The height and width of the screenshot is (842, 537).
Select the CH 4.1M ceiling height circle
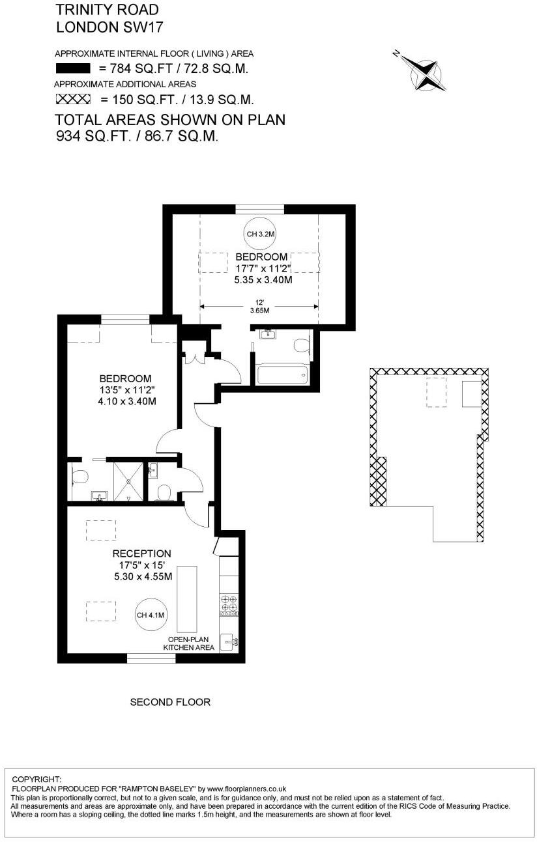(151, 615)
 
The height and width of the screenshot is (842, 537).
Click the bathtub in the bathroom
(282, 374)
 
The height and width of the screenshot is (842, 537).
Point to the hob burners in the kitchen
(229, 604)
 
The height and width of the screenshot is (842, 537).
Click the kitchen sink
(229, 641)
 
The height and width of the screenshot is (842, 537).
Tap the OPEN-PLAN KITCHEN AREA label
(189, 643)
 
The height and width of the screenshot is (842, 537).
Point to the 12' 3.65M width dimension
(259, 307)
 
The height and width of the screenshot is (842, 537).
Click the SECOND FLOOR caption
(170, 702)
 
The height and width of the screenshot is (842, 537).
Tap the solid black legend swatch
(72, 68)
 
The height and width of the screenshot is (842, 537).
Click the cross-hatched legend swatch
(72, 99)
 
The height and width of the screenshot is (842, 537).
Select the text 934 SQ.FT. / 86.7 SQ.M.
(137, 136)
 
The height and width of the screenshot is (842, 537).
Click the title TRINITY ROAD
(107, 10)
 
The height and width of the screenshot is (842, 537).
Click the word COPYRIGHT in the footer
(36, 779)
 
